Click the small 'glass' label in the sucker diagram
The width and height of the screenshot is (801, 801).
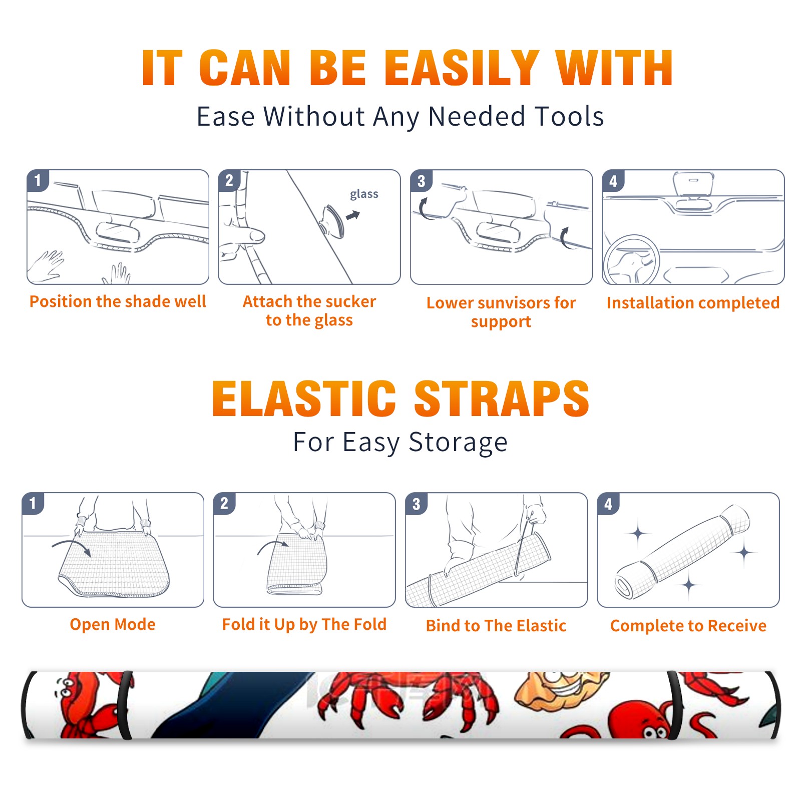(x=364, y=194)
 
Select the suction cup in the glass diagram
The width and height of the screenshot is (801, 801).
(x=332, y=221)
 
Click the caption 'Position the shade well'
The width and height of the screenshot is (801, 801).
(x=118, y=301)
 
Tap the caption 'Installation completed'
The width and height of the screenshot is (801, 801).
(x=693, y=302)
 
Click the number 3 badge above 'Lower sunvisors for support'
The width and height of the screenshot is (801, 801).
(x=421, y=181)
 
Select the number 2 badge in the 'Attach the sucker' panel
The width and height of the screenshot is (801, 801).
(x=229, y=181)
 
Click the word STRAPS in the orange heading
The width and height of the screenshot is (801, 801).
(x=502, y=398)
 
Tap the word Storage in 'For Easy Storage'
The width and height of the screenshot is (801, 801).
(x=458, y=443)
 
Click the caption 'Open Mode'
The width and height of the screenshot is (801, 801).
(x=113, y=624)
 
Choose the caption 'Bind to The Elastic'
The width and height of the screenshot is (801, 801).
(x=496, y=626)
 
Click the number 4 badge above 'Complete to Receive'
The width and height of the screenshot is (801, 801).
(x=608, y=504)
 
